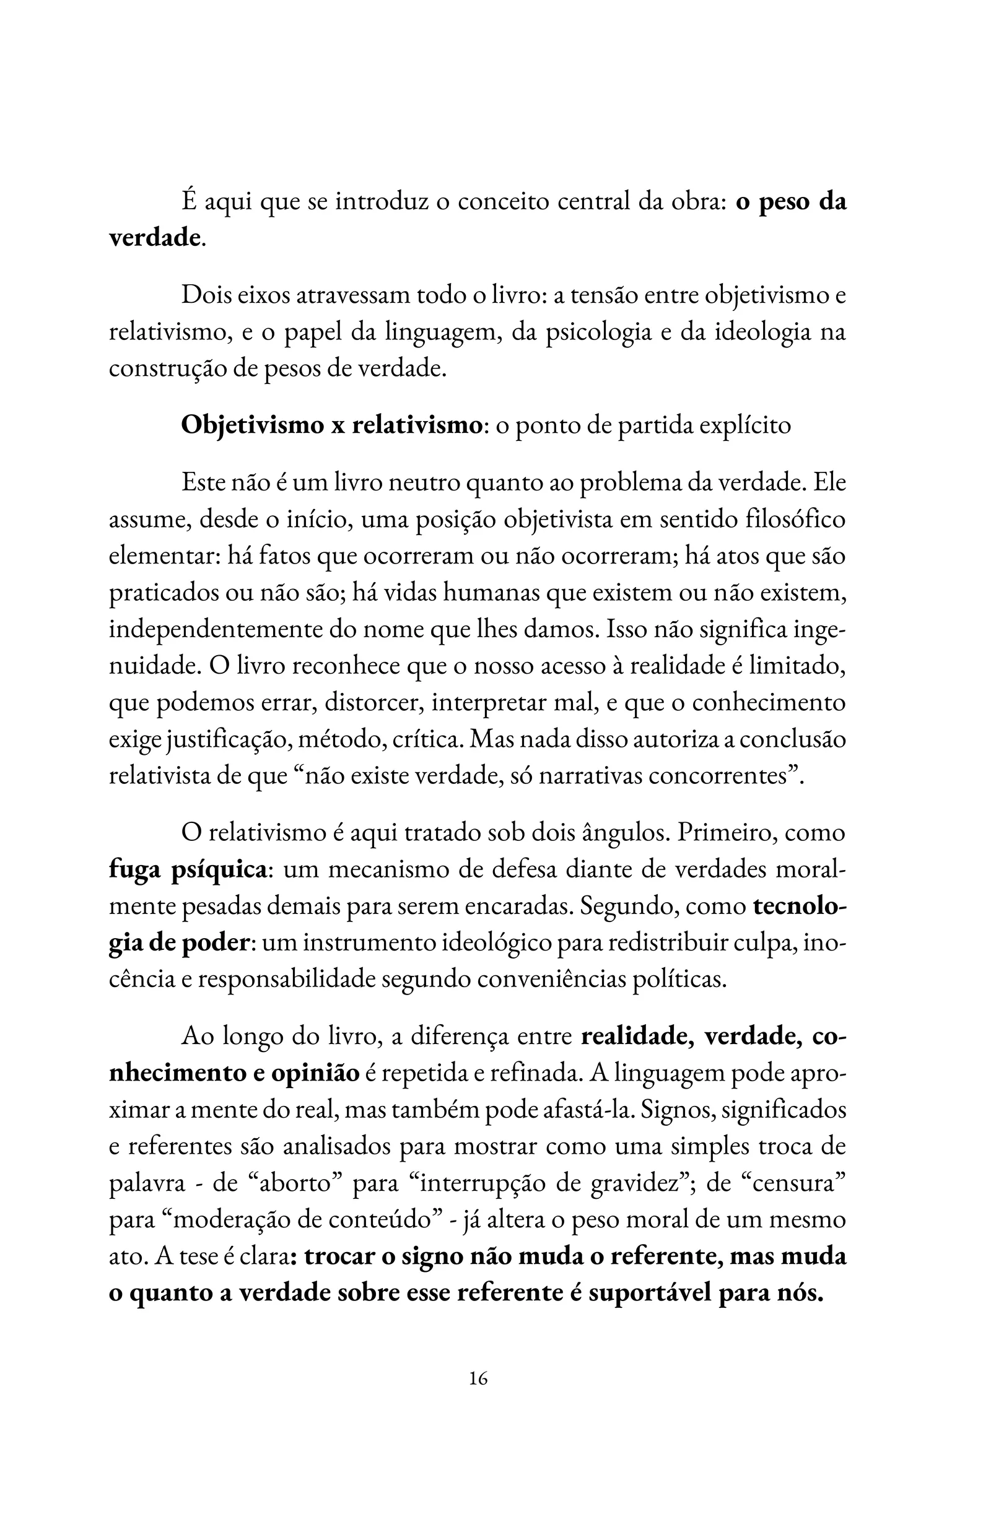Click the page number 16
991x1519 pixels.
coord(478,1378)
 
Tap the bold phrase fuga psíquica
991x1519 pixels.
coord(188,871)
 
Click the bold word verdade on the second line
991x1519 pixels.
coord(154,238)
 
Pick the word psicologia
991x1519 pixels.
coord(598,333)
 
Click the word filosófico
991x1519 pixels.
coord(795,520)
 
